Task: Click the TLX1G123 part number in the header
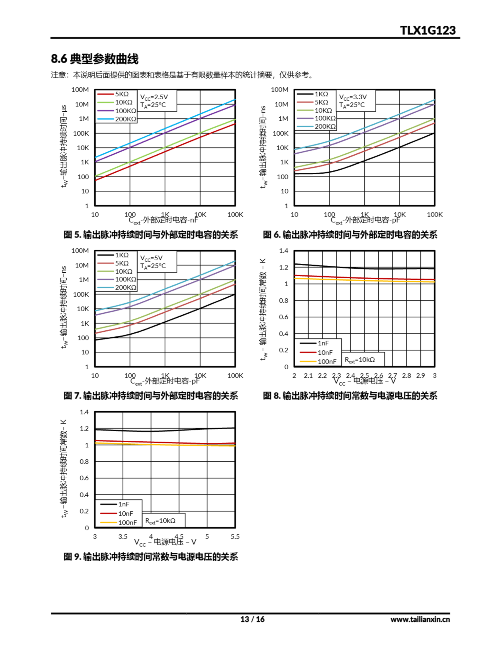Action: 427,31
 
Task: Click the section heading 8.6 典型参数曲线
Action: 95,59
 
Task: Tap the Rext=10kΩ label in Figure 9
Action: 160,521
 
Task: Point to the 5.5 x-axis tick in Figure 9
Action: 235,537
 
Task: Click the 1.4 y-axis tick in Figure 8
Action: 284,251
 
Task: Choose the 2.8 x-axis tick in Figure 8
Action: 406,376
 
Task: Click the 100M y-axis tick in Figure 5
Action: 80,90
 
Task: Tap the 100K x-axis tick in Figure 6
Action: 434,214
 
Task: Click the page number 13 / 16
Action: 252,619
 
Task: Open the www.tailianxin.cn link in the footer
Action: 420,619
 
